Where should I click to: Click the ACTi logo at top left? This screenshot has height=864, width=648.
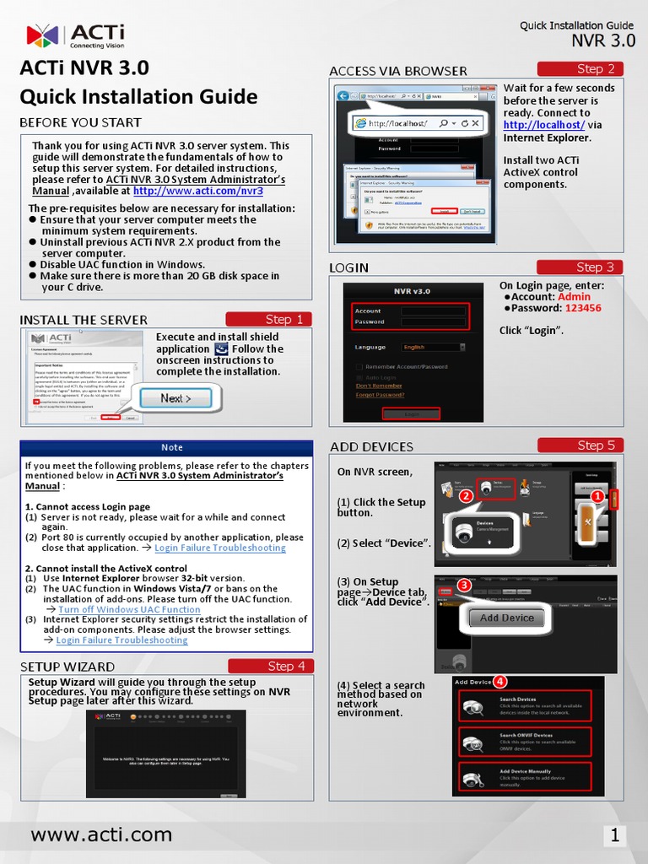pos(75,35)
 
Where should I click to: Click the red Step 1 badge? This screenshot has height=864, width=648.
pos(268,319)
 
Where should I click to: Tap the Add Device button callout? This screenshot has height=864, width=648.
pos(507,618)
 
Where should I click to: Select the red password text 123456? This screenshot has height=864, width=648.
pos(583,309)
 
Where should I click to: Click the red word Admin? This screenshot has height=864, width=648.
pos(575,297)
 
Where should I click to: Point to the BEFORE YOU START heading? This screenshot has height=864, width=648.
pos(81,123)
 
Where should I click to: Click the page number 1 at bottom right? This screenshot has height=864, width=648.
pos(615,836)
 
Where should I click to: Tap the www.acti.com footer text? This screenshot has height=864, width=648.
pos(101,835)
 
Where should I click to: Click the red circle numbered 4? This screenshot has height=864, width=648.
pos(499,681)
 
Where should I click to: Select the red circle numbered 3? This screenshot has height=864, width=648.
pos(464,585)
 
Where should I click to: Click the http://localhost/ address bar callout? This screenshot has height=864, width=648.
pos(418,123)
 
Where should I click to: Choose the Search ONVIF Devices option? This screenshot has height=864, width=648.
pos(525,742)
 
